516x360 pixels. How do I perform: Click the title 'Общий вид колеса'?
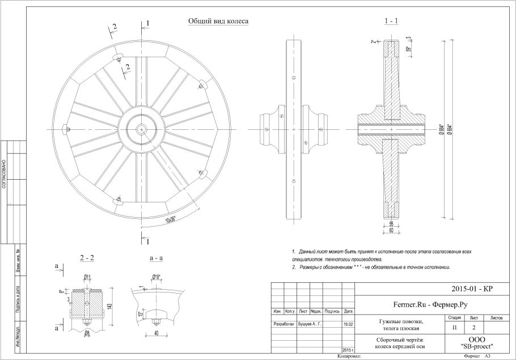[218, 21]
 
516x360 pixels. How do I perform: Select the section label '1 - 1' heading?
[391, 21]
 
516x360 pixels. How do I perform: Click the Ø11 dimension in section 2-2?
[87, 277]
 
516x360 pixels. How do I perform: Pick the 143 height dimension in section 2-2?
[116, 307]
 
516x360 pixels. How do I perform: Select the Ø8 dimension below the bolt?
[87, 333]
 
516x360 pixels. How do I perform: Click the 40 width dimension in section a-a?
[155, 333]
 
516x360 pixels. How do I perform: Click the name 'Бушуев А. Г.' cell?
[310, 325]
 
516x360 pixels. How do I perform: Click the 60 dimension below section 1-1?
[391, 229]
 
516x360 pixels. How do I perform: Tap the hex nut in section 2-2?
[87, 324]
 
